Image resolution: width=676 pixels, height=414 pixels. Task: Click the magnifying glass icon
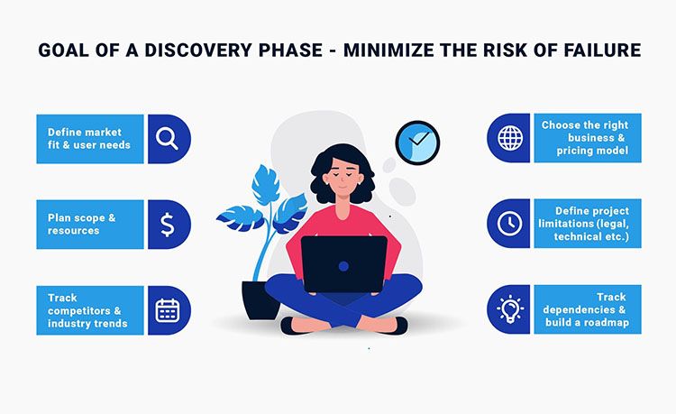click(x=168, y=139)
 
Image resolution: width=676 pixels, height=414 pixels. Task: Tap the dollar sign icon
click(x=168, y=225)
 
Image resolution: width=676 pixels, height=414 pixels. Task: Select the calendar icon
click(x=168, y=310)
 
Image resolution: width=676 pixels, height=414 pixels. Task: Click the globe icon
click(x=510, y=139)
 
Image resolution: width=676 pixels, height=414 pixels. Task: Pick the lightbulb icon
click(x=510, y=310)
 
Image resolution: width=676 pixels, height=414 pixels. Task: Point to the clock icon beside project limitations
click(x=510, y=224)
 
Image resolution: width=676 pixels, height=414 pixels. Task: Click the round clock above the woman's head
click(x=416, y=143)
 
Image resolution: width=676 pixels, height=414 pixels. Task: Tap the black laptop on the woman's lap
click(x=344, y=263)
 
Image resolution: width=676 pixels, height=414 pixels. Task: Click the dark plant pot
click(x=260, y=299)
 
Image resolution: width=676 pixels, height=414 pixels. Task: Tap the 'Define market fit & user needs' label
click(x=89, y=139)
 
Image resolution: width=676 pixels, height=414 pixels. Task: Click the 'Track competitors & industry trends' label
click(x=87, y=310)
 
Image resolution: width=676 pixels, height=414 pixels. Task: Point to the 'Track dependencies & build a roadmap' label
click(x=588, y=310)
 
